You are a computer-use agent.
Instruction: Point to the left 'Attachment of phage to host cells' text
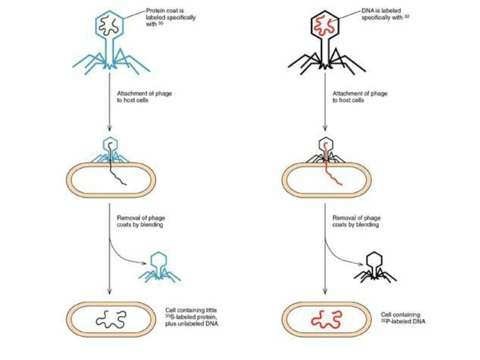(144, 97)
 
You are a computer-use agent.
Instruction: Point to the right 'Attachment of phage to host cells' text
(360, 97)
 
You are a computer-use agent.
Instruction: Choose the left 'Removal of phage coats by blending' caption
(141, 221)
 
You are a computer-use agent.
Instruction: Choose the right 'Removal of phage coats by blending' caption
(357, 221)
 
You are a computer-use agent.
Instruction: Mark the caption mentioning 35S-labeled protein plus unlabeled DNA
(192, 317)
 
